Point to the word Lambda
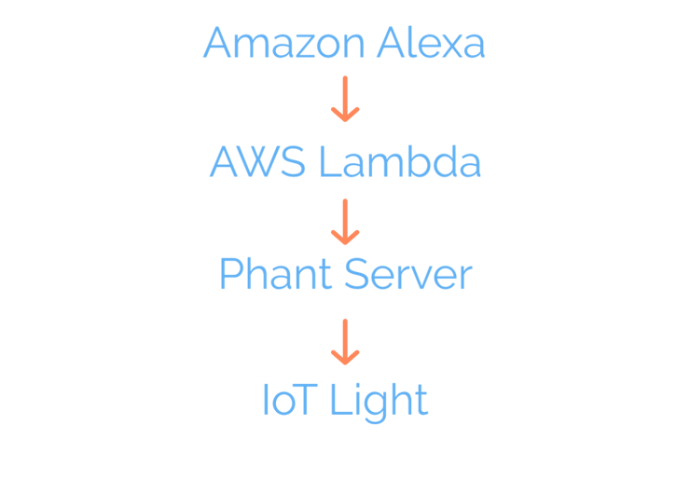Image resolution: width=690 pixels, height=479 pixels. tap(399, 163)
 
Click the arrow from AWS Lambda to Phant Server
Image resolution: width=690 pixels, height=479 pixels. tap(345, 221)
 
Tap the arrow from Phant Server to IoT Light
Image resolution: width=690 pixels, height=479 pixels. tap(345, 341)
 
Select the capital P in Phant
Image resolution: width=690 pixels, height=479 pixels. tap(229, 276)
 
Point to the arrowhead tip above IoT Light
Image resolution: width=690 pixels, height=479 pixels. tap(345, 363)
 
